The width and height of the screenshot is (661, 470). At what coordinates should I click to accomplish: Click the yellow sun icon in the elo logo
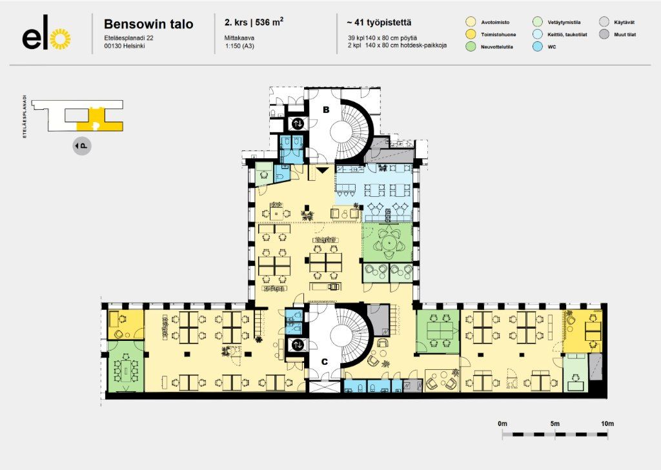coord(60,39)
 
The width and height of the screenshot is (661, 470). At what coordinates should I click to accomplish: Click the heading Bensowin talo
coord(148,24)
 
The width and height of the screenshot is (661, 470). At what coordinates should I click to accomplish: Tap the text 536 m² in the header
coord(269,22)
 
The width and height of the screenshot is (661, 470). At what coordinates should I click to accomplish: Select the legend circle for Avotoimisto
coord(471,23)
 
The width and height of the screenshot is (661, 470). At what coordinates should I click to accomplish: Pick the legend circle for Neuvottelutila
coord(471,46)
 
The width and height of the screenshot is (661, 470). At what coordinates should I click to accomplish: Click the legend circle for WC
coord(538,46)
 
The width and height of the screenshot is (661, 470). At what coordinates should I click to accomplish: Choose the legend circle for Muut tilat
coord(604,35)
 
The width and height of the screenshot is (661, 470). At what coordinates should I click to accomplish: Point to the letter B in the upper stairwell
coord(326,110)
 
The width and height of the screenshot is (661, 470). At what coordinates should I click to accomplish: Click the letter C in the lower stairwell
coord(325,362)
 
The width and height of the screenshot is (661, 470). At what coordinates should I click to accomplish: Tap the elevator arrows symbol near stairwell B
coord(298,123)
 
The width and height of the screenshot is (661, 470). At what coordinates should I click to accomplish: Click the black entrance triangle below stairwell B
coord(323,170)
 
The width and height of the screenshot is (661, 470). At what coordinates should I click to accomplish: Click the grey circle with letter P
coord(82,146)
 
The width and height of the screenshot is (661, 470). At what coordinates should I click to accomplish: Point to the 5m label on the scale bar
coord(554,424)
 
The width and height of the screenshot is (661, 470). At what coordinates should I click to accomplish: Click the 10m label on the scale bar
coord(607,424)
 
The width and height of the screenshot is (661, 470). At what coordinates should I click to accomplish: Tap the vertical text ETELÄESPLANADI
coord(25,117)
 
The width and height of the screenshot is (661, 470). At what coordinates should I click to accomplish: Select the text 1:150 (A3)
coord(239,46)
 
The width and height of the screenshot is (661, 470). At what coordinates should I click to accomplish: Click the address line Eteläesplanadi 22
coord(128,38)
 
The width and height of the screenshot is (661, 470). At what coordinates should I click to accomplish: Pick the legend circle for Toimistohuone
coord(471,35)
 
